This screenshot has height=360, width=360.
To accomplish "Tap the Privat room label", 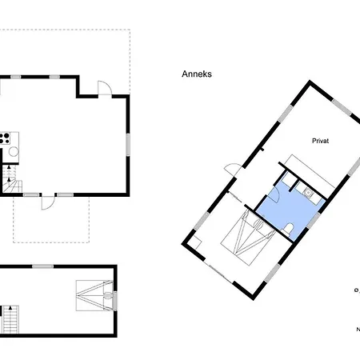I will (321, 139).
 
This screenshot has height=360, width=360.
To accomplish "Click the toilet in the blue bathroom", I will (289, 229).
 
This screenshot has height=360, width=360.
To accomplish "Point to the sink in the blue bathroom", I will (306, 192).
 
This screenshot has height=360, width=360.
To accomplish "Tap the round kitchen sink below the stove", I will (13, 153).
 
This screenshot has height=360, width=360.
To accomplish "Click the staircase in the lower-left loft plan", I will (10, 320).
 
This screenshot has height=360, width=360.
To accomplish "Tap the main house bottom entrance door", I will (48, 201).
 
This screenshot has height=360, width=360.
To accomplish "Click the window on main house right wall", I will (127, 146).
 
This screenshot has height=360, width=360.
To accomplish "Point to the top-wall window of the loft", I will (45, 266).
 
